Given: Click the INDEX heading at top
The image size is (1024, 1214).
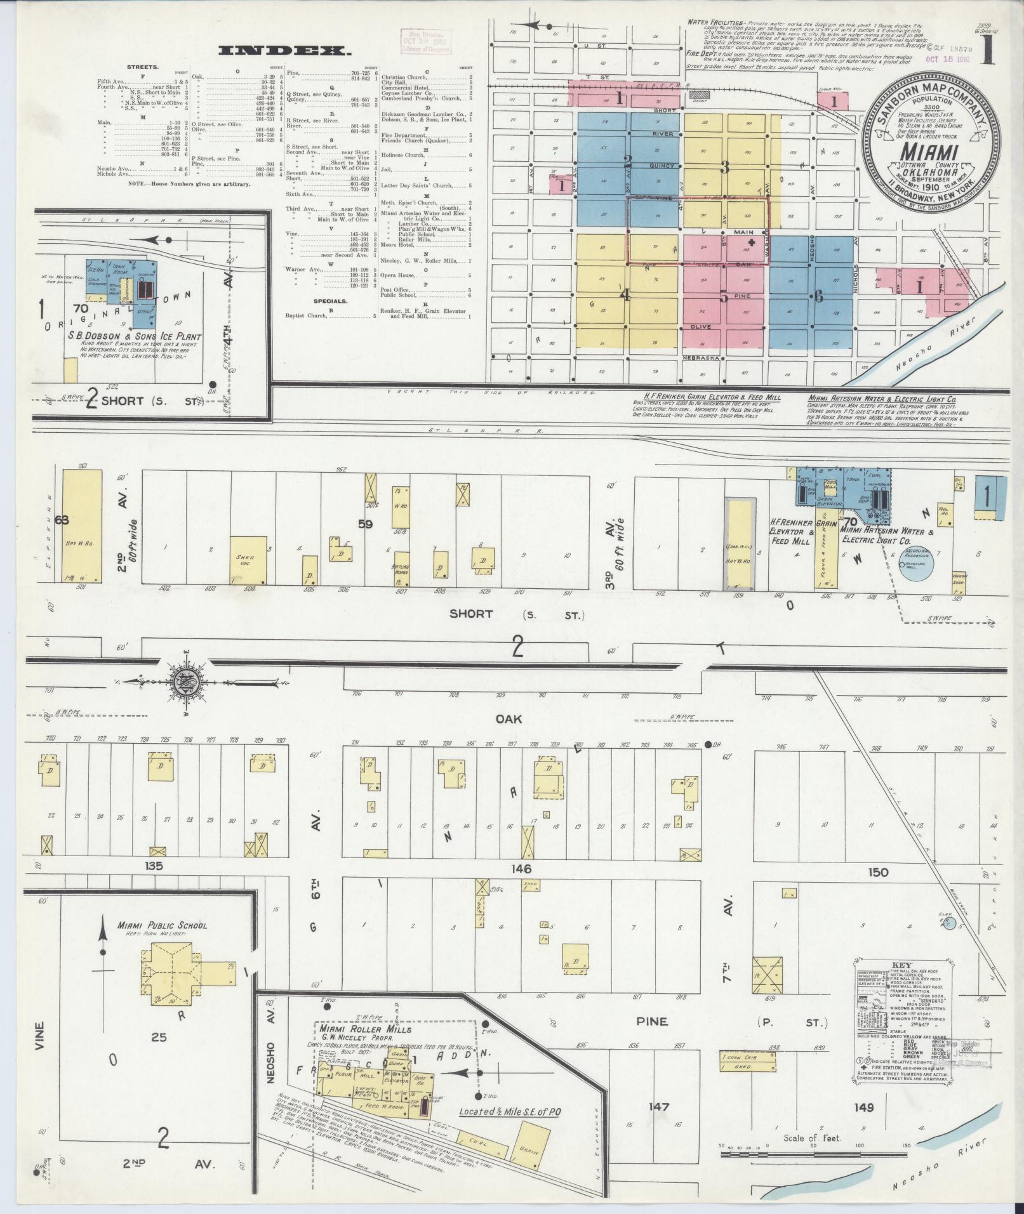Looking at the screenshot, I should pos(284,51).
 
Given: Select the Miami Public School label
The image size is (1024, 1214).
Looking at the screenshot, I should pos(162,925).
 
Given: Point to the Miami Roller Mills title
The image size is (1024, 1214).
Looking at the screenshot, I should pos(365,1029).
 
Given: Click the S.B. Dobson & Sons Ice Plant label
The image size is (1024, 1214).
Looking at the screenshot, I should pos(135,337).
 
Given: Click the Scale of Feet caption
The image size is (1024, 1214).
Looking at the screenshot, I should pos(812,1138).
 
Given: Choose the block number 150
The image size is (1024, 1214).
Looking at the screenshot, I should pos(879,873).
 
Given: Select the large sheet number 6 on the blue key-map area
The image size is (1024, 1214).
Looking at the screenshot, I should pos(819,296).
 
